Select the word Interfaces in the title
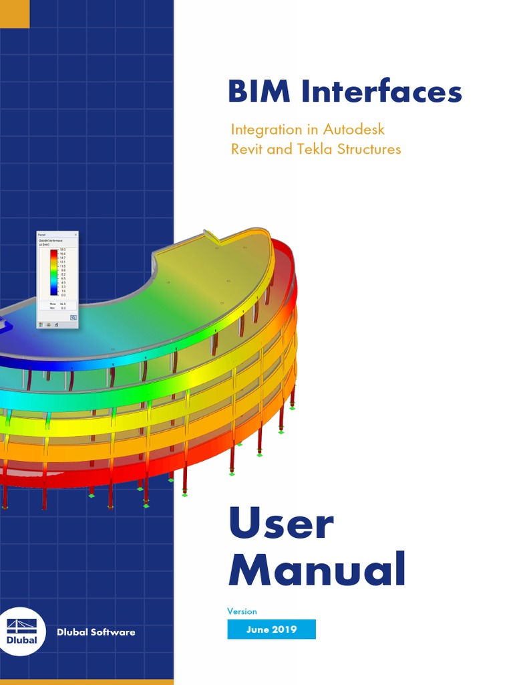pos(381,92)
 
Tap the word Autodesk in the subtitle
pos(354,128)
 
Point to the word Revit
pos(247,149)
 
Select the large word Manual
pos(317,570)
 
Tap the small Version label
pos(242,611)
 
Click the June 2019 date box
pos(271,629)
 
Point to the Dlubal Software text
pos(96,632)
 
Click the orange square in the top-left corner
pos(15,13)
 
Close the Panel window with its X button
pos(75,235)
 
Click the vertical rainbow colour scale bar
pos(54,272)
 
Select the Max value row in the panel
pos(57,304)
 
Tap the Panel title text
pos(41,235)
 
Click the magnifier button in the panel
pos(73,318)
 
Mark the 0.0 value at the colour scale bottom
pos(63,295)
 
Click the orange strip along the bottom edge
pos(87,682)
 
